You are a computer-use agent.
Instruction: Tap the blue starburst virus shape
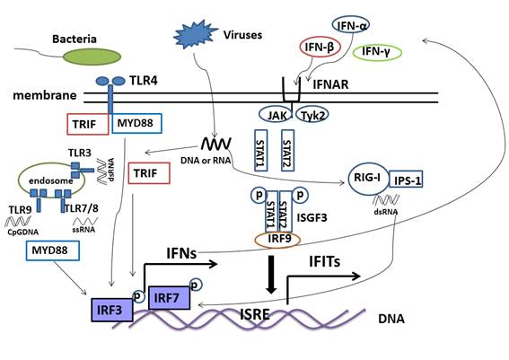pyautogui.click(x=196, y=34)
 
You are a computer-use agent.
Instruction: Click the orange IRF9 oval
pyautogui.click(x=281, y=238)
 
